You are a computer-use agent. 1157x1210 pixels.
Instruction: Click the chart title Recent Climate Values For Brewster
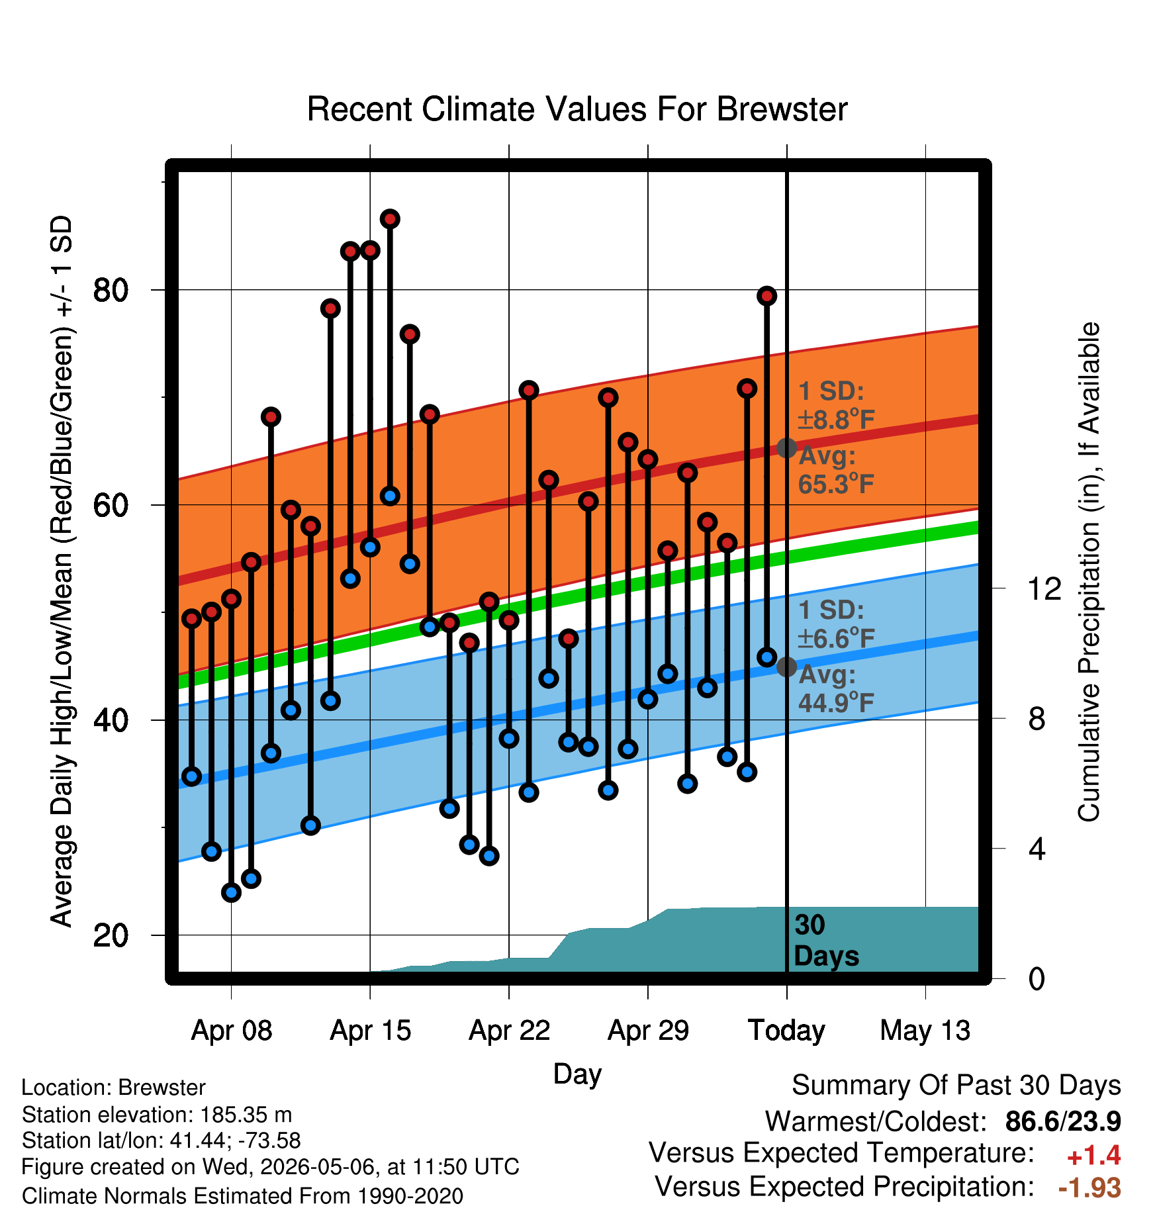tap(577, 109)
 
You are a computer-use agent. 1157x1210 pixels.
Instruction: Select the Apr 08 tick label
tap(232, 1031)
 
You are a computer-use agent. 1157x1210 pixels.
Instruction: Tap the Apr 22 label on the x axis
tap(510, 1031)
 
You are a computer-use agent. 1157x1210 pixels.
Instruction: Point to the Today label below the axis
tap(786, 1031)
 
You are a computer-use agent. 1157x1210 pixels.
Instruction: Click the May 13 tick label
tap(925, 1031)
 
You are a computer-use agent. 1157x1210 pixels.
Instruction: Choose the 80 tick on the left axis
tap(111, 290)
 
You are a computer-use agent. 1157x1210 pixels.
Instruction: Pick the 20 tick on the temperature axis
tap(111, 935)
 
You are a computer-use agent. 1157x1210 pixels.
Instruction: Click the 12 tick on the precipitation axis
tap(1044, 588)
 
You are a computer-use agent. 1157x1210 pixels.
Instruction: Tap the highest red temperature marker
tap(390, 219)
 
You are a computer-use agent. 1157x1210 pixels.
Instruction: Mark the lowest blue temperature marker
tap(231, 892)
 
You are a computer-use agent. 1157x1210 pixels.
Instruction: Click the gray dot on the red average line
tap(786, 448)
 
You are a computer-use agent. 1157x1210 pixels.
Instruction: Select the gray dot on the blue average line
tap(786, 667)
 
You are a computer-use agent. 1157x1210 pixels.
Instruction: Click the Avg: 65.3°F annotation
tap(836, 470)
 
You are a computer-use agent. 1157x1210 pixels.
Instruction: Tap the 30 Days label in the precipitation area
tap(826, 941)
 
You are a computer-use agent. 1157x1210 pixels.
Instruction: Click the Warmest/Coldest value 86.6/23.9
tap(1063, 1122)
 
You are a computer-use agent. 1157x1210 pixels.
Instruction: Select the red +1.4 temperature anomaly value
tap(1093, 1156)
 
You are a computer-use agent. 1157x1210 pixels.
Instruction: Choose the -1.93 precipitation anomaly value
tap(1089, 1188)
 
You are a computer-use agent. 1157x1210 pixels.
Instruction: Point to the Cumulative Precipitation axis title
tap(1089, 572)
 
